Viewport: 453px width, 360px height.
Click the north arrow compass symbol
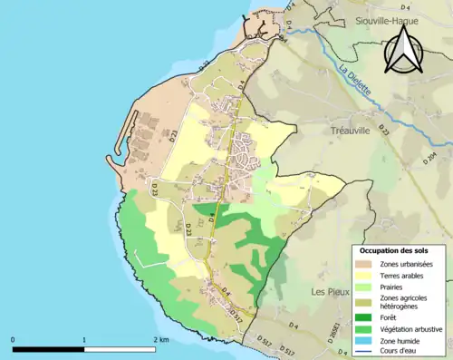[400, 47]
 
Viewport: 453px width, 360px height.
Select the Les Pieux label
[330, 292]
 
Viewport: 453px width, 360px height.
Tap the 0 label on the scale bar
[14, 340]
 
